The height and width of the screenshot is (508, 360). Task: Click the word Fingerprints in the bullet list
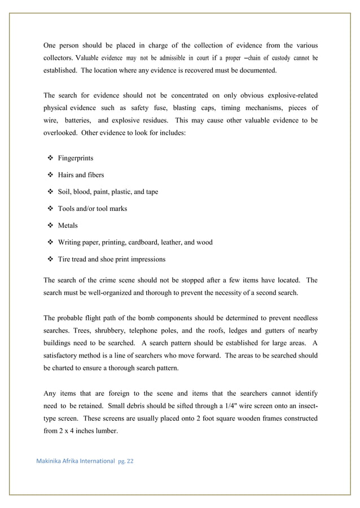coord(76,158)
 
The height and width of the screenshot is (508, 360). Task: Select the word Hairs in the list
coord(67,175)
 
